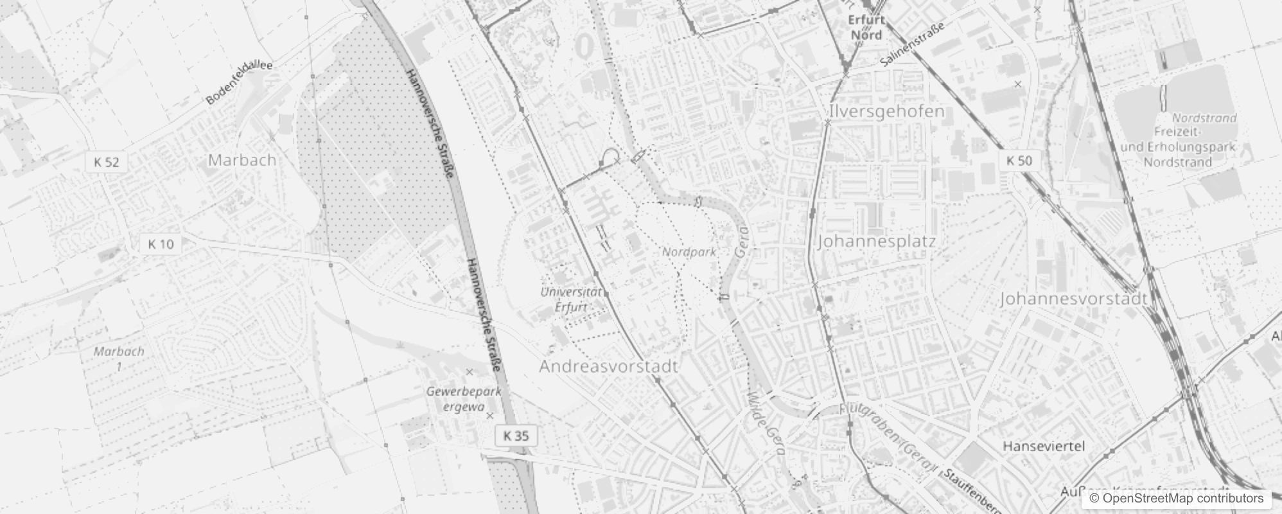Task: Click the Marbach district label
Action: [242, 160]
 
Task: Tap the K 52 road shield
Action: [107, 162]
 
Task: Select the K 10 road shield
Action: [161, 244]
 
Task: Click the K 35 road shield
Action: [516, 436]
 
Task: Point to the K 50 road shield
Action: [1019, 161]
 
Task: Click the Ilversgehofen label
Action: [886, 112]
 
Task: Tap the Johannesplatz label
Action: [877, 242]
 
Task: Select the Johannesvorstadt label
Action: [1073, 299]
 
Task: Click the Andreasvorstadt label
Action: [608, 367]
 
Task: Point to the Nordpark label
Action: [689, 253]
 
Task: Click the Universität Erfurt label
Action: [571, 299]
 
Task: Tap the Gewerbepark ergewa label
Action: [464, 398]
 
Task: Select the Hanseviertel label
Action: [1044, 447]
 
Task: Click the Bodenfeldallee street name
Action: [240, 83]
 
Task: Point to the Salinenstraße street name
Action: [913, 44]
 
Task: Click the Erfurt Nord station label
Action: [866, 27]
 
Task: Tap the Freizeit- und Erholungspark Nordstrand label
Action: [1178, 148]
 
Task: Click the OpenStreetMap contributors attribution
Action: [1176, 499]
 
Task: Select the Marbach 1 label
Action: [119, 359]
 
